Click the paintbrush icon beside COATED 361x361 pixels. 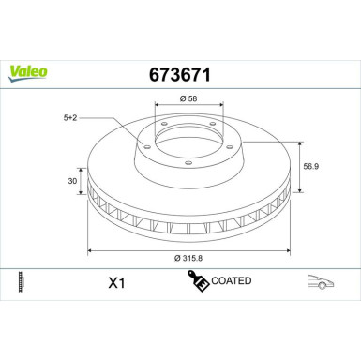point(199,279)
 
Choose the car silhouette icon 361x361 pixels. point(321,281)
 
